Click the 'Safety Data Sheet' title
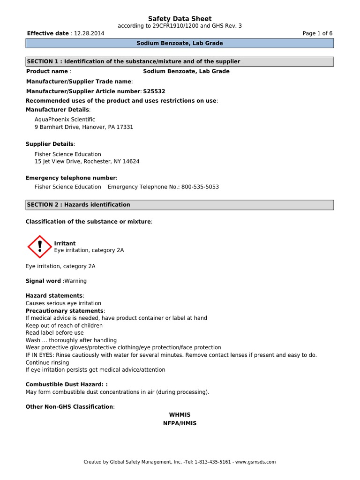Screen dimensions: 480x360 point(180,19)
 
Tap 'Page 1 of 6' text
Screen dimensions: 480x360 point(317,34)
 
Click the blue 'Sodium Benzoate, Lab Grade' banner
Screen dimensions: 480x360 point(180,43)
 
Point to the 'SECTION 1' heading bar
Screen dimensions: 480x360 point(180,61)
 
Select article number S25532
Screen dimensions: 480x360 point(154,91)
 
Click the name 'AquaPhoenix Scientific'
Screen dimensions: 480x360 point(65,120)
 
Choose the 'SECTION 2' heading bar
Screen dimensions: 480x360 point(180,205)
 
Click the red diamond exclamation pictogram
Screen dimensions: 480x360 point(40,247)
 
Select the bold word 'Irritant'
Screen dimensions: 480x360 point(65,243)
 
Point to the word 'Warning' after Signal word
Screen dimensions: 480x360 point(75,281)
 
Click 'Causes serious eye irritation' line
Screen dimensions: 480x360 point(63,303)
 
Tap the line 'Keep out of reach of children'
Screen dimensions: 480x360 point(64,325)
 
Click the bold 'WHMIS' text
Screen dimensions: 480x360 point(180,415)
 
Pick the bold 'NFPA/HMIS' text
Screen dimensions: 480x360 point(180,423)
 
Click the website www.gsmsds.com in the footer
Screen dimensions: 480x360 point(255,462)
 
